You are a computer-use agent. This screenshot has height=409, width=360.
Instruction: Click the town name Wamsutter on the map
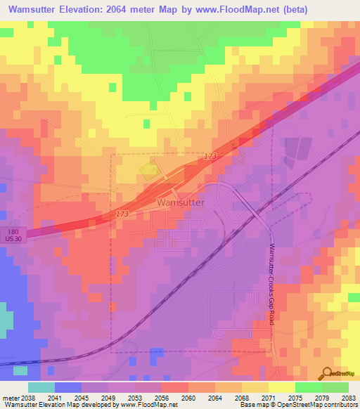(x=180, y=202)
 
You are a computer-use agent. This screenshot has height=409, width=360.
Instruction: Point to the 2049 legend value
(x=108, y=397)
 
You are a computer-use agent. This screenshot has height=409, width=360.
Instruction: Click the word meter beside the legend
(x=10, y=397)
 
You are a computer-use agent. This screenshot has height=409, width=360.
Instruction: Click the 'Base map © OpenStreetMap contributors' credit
(x=298, y=405)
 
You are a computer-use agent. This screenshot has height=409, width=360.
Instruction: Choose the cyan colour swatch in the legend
(x=41, y=387)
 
